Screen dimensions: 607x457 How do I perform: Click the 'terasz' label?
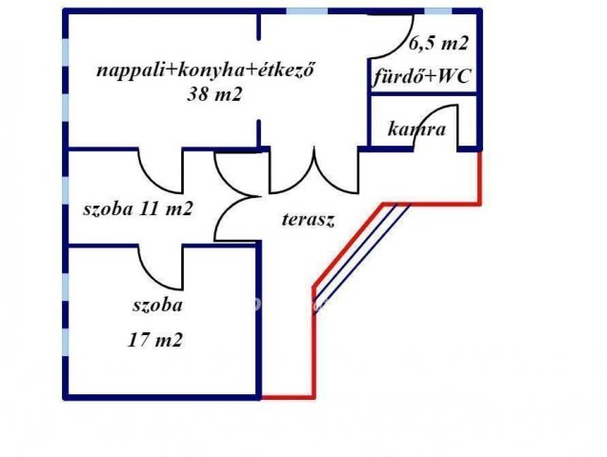click(308, 220)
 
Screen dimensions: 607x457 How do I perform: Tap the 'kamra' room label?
click(416, 129)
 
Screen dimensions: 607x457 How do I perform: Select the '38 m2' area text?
click(214, 94)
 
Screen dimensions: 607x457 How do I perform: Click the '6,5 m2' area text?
click(438, 43)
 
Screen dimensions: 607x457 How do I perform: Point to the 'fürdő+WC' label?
click(421, 76)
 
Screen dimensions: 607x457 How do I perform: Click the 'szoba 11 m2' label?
click(138, 209)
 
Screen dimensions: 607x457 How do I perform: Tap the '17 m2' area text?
click(154, 341)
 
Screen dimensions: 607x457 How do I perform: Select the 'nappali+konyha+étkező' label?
click(204, 70)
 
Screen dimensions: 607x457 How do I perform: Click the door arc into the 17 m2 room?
click(149, 277)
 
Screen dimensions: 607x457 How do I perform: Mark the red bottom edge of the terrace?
click(288, 396)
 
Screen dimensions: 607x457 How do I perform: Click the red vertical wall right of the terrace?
click(479, 177)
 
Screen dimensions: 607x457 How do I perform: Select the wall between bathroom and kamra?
click(423, 93)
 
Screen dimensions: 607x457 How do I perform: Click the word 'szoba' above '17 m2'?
click(157, 306)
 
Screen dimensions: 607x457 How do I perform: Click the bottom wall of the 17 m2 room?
click(161, 397)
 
